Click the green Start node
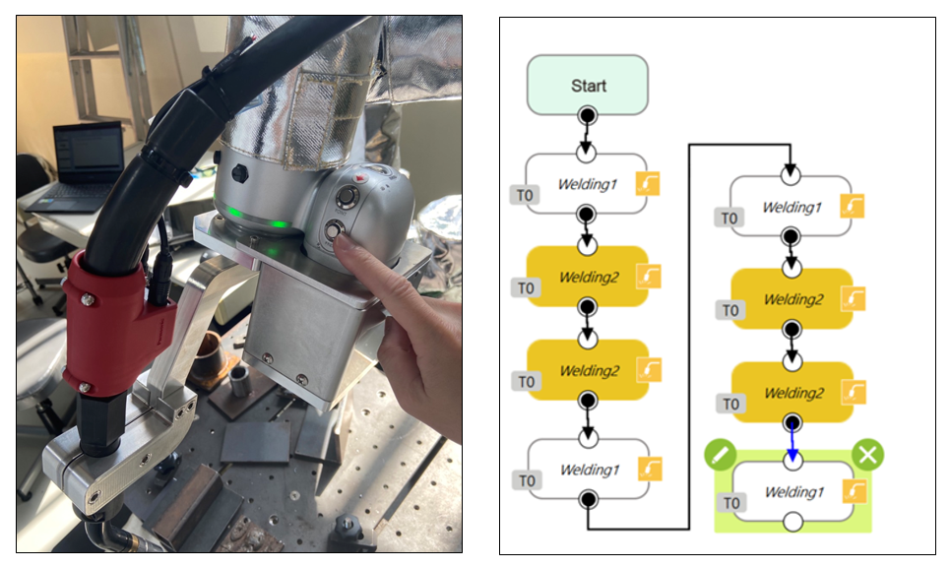pyautogui.click(x=588, y=85)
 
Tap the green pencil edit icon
pyautogui.click(x=721, y=455)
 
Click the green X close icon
pyautogui.click(x=867, y=455)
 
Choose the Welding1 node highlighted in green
pyautogui.click(x=792, y=491)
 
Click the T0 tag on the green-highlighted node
pyautogui.click(x=731, y=503)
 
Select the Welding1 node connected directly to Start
pyautogui.click(x=587, y=184)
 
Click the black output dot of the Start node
pyautogui.click(x=587, y=116)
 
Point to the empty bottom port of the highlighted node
pyautogui.click(x=792, y=523)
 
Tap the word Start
pyautogui.click(x=589, y=86)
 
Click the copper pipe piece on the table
pyautogui.click(x=208, y=355)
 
